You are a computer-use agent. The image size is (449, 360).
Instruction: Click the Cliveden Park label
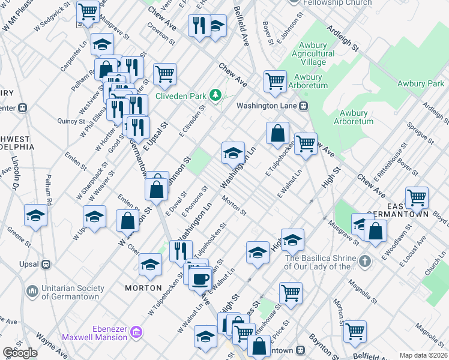point(180,95)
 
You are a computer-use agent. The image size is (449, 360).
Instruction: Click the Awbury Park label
point(420,83)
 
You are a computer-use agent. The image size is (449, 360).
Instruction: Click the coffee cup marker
point(200,278)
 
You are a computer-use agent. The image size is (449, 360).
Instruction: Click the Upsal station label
point(21,264)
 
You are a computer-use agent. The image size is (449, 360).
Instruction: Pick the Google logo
point(20,353)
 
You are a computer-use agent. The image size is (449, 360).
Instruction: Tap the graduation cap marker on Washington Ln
point(233,153)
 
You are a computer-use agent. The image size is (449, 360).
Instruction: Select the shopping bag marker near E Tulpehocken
point(277,134)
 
